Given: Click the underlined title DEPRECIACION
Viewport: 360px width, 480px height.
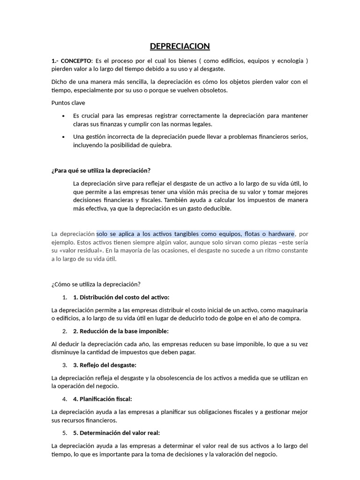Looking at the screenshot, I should click(x=180, y=46).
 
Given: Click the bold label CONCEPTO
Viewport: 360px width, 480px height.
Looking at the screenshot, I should click(x=76, y=61).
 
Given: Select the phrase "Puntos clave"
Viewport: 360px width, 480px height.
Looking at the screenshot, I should click(x=68, y=103).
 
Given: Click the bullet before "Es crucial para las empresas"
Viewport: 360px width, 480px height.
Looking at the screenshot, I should click(x=63, y=116).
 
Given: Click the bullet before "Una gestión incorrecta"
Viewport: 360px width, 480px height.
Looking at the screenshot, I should click(x=63, y=137).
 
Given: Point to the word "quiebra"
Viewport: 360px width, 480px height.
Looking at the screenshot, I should click(x=161, y=145).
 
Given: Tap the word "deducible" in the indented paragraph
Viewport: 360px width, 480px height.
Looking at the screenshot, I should click(x=216, y=209).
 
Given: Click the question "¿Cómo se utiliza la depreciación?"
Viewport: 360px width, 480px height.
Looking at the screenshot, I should click(x=96, y=284).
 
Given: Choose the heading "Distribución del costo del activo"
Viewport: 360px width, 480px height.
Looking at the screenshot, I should click(x=124, y=297).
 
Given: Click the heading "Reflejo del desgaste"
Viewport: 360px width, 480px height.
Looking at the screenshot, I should click(x=107, y=365).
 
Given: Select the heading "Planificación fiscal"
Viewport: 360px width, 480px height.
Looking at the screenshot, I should click(x=105, y=399).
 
